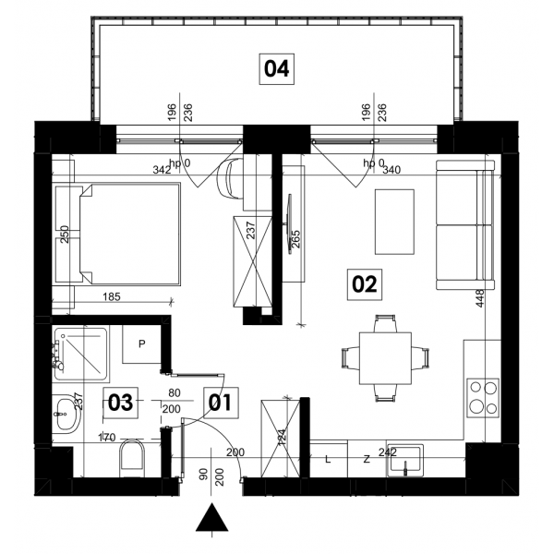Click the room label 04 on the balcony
277,69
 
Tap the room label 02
365,284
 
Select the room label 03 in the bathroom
120,403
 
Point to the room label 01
221,403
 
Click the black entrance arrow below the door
212,518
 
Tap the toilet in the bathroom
132,458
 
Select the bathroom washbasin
66,414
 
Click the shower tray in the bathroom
80,355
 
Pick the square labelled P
141,343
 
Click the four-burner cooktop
483,398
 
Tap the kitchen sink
405,461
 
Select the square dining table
385,358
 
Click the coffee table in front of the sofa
394,222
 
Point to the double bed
130,234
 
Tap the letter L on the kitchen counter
328,459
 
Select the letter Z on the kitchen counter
367,459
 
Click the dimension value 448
479,298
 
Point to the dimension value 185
112,296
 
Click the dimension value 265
295,239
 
